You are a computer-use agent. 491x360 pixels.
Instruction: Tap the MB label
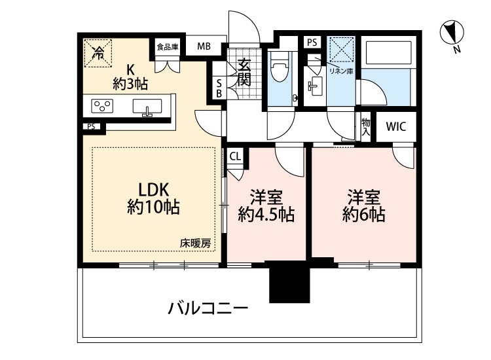tap(204, 46)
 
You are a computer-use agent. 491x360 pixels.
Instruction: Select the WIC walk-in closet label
tap(395, 126)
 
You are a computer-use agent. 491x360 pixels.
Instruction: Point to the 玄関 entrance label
tap(244, 72)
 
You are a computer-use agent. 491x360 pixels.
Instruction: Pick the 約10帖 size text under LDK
tap(154, 209)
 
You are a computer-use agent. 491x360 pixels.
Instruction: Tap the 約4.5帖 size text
tap(266, 214)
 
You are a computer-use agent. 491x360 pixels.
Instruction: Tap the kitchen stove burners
tap(103, 105)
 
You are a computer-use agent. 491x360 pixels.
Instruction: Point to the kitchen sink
tap(148, 106)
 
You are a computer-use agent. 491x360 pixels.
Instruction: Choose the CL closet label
tap(234, 156)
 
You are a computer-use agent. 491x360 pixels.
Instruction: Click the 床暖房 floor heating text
tap(195, 243)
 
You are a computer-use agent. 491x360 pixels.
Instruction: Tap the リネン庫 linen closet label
tap(341, 71)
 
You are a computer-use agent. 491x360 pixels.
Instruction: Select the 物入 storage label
tap(366, 127)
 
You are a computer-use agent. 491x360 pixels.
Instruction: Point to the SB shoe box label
tap(219, 88)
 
